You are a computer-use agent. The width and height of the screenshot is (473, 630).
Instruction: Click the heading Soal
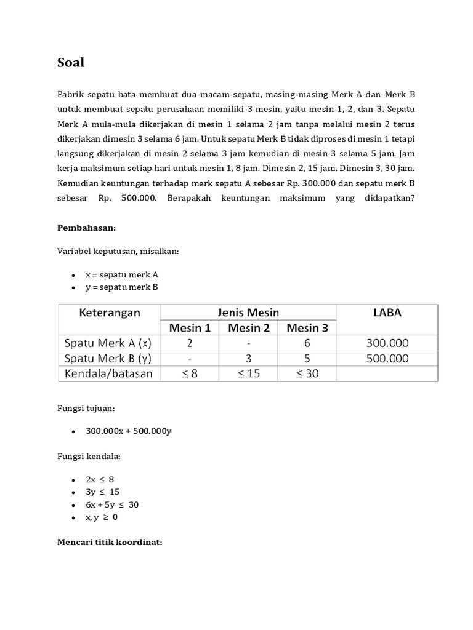[x=71, y=63]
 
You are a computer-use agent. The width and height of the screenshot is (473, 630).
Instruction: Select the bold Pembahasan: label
[x=86, y=228]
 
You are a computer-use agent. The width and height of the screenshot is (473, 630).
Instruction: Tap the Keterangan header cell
[x=110, y=313]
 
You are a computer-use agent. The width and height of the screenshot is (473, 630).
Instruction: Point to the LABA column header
[x=387, y=313]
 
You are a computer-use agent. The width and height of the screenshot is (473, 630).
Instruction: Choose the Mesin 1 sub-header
[x=190, y=328]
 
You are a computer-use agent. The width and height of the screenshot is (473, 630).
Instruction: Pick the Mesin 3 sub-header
[x=307, y=328]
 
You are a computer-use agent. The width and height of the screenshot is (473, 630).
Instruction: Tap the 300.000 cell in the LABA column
[x=387, y=343]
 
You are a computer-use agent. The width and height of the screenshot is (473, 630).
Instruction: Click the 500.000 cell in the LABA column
[x=387, y=358]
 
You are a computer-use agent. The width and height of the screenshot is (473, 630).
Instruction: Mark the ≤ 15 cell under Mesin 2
[x=249, y=373]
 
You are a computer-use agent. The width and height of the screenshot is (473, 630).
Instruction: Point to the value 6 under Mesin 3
[x=307, y=343]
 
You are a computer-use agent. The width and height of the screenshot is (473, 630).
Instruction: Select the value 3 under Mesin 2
[x=249, y=358]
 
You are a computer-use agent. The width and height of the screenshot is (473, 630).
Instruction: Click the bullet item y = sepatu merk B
[x=121, y=287]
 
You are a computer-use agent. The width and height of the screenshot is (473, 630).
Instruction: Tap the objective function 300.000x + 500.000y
[x=128, y=431]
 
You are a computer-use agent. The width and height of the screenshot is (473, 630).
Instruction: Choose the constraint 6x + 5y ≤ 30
[x=112, y=504]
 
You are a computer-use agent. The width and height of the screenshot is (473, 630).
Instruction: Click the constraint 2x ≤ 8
[x=102, y=479]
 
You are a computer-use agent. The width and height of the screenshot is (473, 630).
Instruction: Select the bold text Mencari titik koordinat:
[x=109, y=543]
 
